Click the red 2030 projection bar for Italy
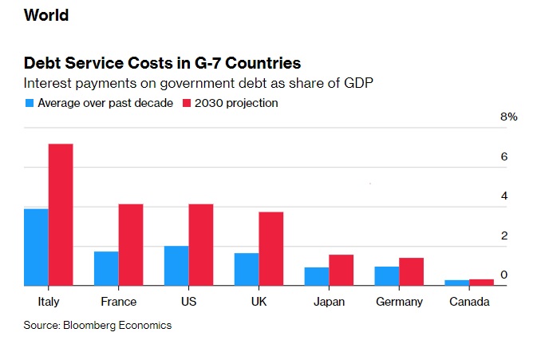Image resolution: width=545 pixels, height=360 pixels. coord(61,215)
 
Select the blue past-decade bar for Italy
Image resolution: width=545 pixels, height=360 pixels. coord(36,247)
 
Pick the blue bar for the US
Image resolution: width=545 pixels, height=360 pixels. coord(176,265)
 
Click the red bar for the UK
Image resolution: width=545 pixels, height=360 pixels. coord(271,248)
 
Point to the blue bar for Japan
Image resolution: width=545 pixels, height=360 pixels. coord(316,276)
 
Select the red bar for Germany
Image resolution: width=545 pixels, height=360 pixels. coord(411,271)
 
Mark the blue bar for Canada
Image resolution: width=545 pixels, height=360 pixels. coord(456,283)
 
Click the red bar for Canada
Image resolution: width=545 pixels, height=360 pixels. coord(481,282)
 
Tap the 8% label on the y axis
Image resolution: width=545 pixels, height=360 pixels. coord(509,117)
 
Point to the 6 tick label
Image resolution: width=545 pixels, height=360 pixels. coord(504,156)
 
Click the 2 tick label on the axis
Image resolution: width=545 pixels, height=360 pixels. coord(504,235)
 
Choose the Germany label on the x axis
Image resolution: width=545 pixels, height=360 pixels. coord(399,302)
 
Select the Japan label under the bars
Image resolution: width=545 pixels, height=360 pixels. coord(329,302)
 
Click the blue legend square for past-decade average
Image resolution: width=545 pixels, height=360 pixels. coord(30,103)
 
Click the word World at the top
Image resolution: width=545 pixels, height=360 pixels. coord(46,15)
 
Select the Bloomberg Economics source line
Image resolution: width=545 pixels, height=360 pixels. coord(97,325)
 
